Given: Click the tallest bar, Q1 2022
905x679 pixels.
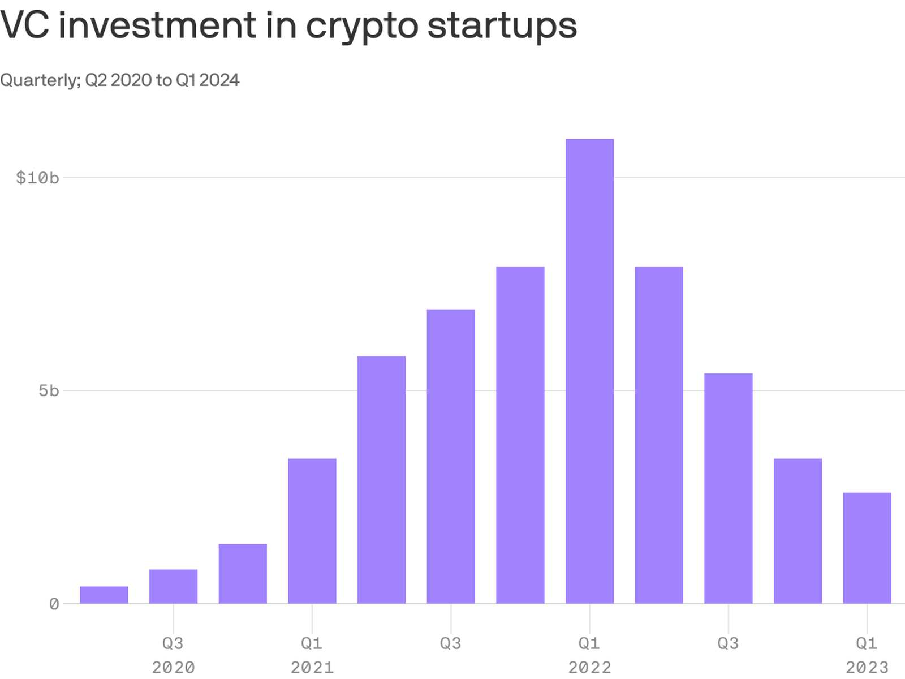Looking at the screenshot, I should (589, 371).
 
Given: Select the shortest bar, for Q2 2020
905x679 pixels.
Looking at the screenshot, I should (104, 595).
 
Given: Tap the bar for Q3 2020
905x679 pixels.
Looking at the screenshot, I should (173, 586).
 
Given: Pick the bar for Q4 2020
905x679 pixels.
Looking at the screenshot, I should (243, 573).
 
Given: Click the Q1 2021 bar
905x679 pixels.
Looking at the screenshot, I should (312, 531).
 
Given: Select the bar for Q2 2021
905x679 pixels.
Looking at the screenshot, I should (381, 479).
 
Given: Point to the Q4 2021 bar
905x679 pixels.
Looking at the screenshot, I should (520, 435).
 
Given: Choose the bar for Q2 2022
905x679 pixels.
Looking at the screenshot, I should (659, 435).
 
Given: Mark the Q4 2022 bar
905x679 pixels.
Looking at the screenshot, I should (798, 531).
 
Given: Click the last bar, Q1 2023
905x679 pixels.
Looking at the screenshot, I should (867, 548).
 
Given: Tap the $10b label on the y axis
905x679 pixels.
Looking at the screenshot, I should (37, 178).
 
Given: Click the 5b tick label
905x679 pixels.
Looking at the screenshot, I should (49, 391).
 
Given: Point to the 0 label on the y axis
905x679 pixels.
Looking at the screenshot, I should (54, 604).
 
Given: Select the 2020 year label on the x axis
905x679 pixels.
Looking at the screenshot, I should (173, 668).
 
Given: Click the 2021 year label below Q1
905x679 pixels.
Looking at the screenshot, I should (312, 668).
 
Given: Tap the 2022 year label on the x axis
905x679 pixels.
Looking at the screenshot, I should (589, 668).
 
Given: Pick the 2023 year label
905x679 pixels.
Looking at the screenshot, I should (867, 668).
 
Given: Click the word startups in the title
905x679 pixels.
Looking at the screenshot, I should (502, 26).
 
